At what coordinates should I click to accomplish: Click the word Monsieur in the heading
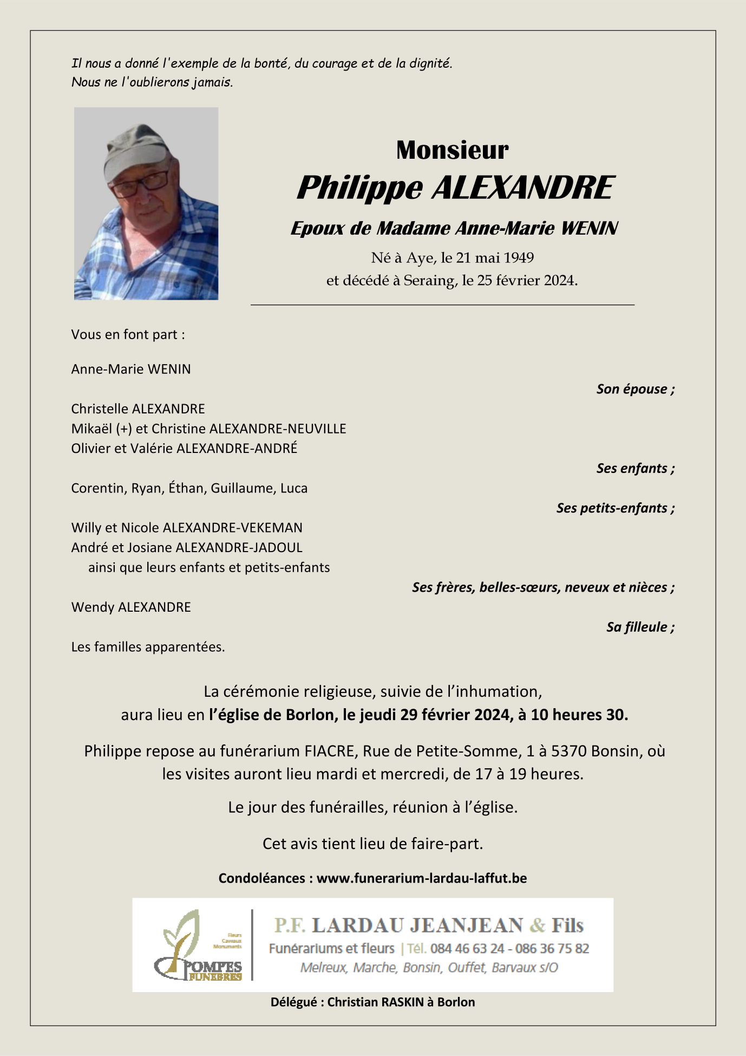tap(452, 150)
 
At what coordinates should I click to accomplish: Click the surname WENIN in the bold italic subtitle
tap(589, 229)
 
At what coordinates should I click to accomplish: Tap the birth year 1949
tap(519, 258)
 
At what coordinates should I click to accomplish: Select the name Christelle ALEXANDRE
tap(138, 409)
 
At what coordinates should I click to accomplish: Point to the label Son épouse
tap(635, 389)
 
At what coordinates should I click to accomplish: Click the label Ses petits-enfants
tap(615, 508)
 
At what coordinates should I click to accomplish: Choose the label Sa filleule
tap(640, 627)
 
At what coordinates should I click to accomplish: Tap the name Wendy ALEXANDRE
tap(131, 607)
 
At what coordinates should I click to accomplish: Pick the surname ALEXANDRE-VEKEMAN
tap(233, 528)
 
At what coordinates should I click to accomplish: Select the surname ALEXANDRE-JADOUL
tap(239, 547)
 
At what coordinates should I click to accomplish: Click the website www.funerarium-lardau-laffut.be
tap(421, 878)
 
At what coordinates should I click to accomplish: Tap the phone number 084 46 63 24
tap(467, 949)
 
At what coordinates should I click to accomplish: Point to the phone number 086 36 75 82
tap(552, 949)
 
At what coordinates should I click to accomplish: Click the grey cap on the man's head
tap(135, 149)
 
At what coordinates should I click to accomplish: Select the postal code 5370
tap(569, 751)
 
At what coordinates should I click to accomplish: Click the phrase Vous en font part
tap(128, 334)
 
